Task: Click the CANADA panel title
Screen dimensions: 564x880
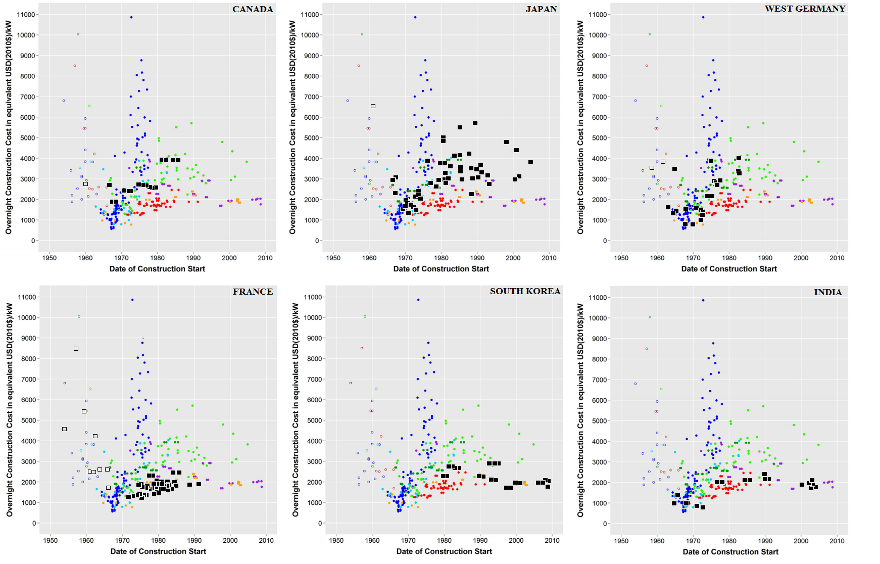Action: pos(253,9)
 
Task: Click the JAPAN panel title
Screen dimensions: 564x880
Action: pos(541,9)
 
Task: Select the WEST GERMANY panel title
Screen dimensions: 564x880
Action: pos(805,9)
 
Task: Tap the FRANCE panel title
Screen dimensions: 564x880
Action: pos(253,292)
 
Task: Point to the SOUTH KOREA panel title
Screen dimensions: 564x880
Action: pos(525,291)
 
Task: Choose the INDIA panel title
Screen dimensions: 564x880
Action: pos(827,292)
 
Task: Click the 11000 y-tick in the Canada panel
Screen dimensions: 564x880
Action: pos(26,15)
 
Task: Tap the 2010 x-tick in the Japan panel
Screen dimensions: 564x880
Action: pos(549,258)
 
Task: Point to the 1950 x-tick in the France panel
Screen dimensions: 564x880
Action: pos(50,540)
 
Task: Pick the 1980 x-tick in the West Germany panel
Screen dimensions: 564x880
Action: pos(729,258)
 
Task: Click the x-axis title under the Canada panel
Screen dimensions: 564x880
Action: pos(157,269)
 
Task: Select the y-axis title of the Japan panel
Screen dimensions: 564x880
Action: pos(292,127)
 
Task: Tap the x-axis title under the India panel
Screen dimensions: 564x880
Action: pos(730,552)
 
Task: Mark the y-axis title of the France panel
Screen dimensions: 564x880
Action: pos(10,409)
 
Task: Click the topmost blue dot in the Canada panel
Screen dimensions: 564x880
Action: pos(131,17)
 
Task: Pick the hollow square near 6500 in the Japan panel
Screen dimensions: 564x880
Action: pos(373,106)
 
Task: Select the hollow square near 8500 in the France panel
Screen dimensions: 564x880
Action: pos(76,349)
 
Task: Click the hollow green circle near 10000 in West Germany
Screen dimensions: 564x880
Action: pos(650,34)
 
